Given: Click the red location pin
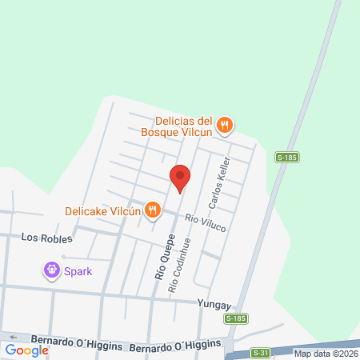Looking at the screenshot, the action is coord(180,178).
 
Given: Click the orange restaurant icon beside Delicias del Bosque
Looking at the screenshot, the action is coord(226,125).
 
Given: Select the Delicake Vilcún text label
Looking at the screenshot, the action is coord(102,212).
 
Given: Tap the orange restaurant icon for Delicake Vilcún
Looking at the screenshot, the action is coord(150,211).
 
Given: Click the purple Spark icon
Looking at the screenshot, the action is coord(53,270).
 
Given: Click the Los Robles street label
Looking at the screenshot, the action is coord(46,238).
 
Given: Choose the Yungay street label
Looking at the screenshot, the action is coord(214,305).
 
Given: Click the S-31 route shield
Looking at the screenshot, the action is coord(260,352).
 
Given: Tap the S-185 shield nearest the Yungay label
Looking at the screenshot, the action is coord(235,318).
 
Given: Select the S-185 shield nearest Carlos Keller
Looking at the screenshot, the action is coord(286,158).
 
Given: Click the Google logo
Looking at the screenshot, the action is coord(27,350).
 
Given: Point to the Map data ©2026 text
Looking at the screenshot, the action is coord(326,354).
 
